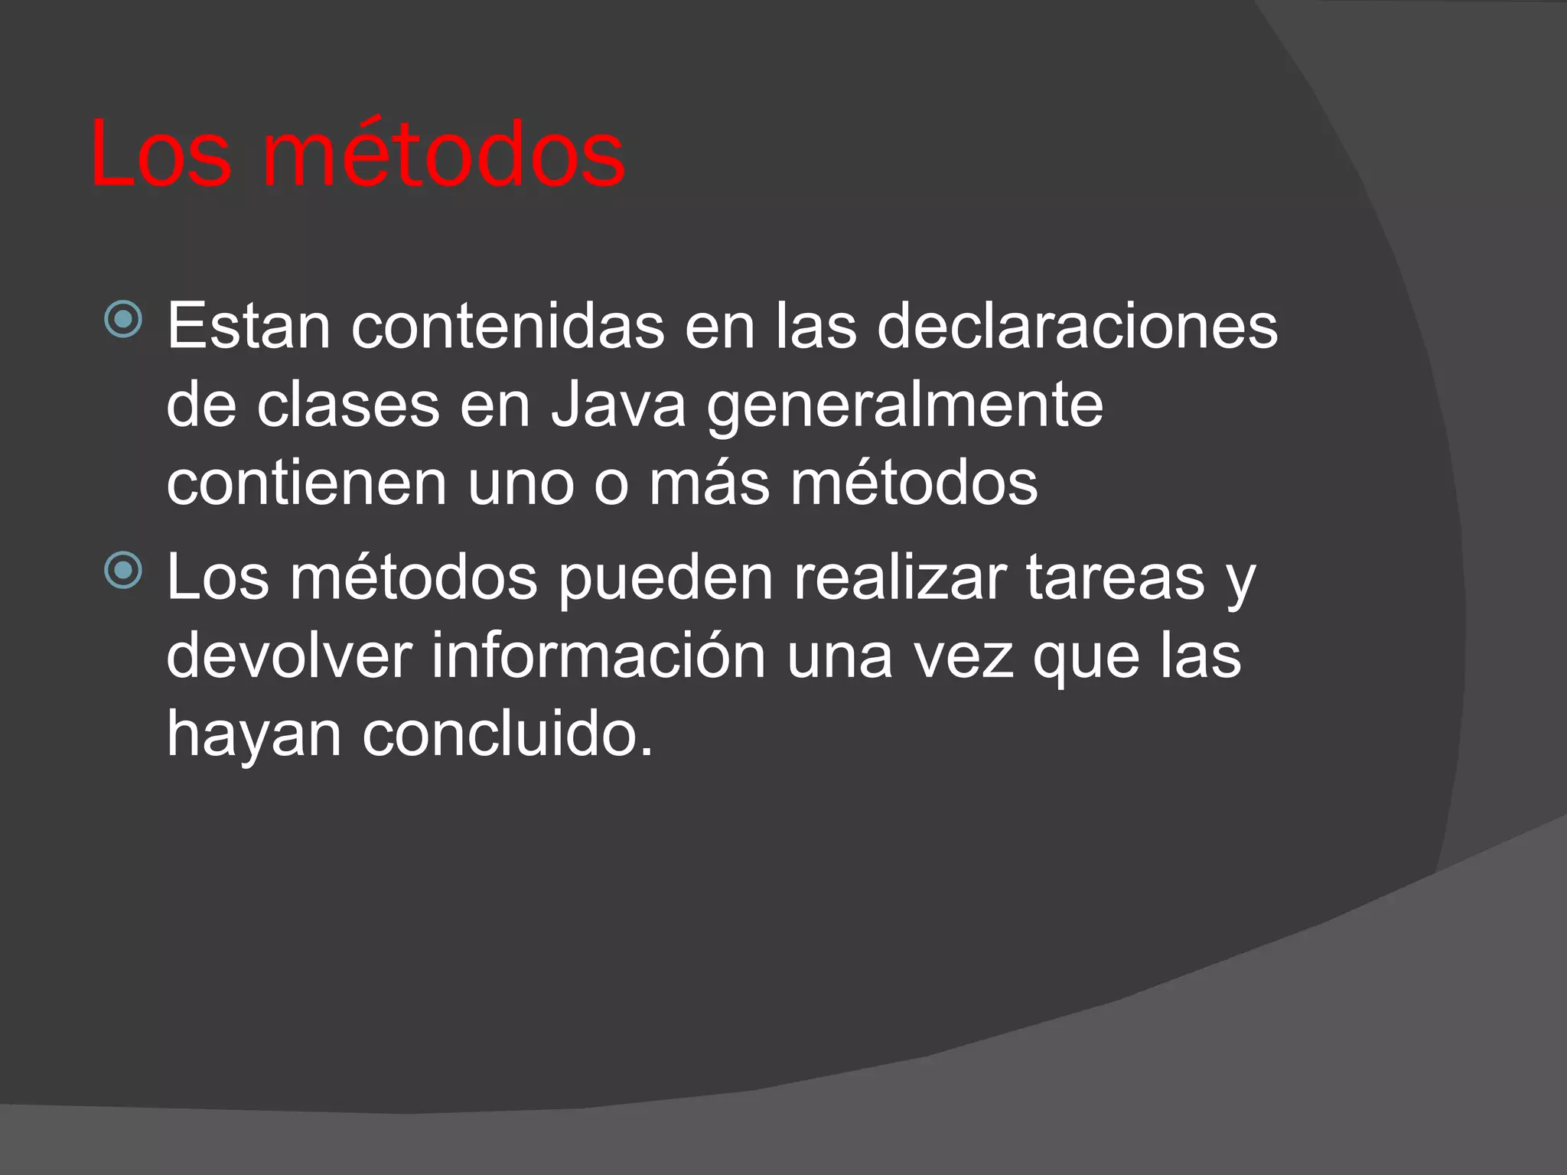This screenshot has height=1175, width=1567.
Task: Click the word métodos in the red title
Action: (x=444, y=155)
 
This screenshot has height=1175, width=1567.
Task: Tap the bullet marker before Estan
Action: (x=123, y=319)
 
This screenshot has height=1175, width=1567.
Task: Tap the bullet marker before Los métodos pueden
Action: (x=123, y=571)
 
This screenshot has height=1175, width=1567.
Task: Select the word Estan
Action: (x=248, y=327)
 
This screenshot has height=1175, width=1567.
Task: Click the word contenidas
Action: (x=507, y=327)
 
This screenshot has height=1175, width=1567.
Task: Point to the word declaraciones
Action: (x=1077, y=327)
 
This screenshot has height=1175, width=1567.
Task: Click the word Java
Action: (x=618, y=405)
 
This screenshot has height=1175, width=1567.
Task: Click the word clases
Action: (x=348, y=405)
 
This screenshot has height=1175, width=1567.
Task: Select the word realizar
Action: (x=900, y=578)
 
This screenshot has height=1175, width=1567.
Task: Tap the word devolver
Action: (x=289, y=656)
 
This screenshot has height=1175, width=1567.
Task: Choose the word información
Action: (x=598, y=656)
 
